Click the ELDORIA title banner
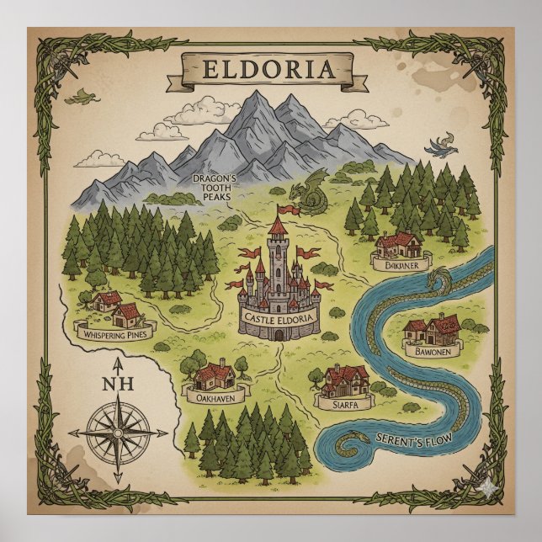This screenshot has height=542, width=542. [x=270, y=66]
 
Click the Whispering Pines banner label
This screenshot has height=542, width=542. [x=109, y=334]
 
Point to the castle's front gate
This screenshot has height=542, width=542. [x=277, y=334]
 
